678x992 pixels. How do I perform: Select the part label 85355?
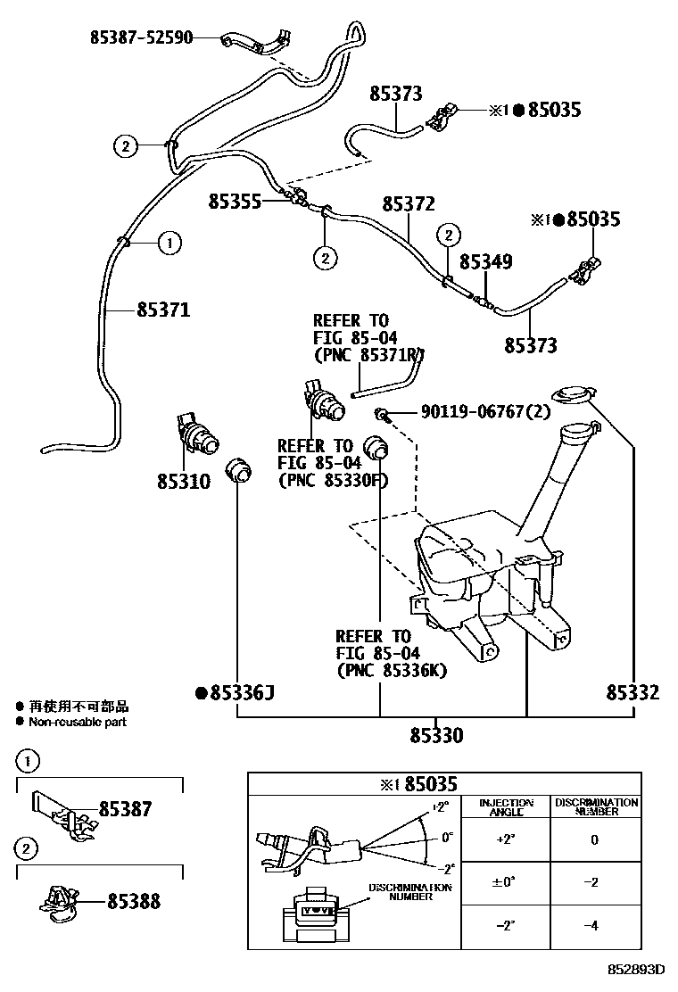236,202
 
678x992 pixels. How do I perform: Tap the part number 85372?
409,204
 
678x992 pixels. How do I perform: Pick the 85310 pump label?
183,482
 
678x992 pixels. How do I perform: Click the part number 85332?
633,692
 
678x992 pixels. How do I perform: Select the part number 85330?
437,736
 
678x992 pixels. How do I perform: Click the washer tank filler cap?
574,395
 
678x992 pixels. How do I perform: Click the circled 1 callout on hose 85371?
170,242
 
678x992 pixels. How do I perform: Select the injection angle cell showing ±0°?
506,882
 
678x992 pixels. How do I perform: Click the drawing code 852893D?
637,970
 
